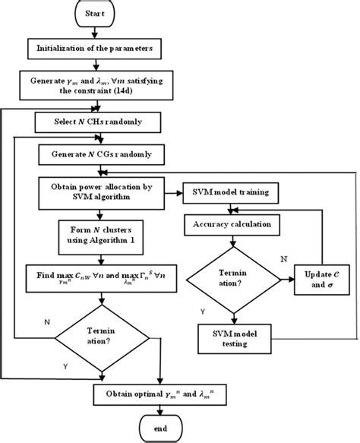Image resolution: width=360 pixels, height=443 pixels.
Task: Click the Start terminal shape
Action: coord(94,14)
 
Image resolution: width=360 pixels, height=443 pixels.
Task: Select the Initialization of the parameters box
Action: coord(95,49)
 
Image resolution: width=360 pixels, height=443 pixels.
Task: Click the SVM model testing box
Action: coord(230,334)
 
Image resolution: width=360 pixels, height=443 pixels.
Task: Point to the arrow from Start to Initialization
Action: coord(95,33)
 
